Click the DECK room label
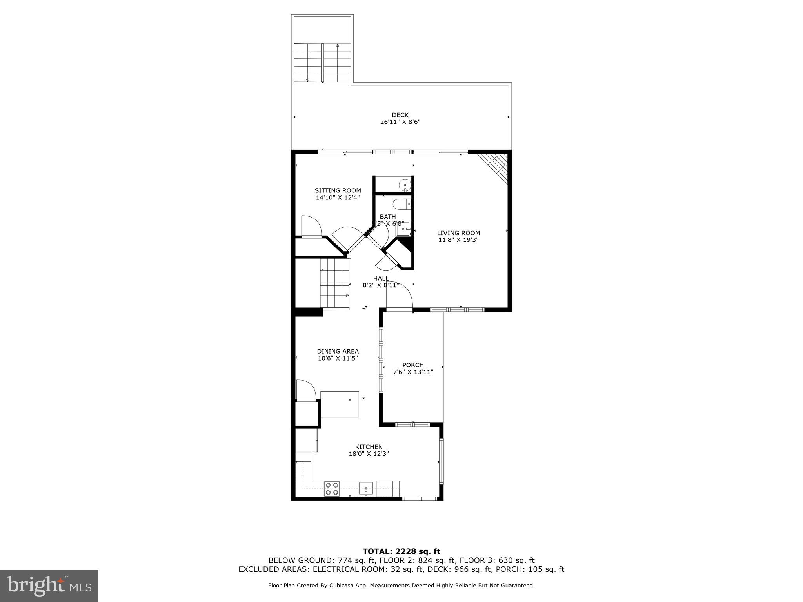coord(400,115)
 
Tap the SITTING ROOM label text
coord(338,190)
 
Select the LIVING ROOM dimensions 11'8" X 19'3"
coord(458,240)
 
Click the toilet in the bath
coord(400,204)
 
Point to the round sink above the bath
coord(404,185)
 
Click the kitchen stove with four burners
coord(332,489)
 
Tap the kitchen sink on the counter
coord(366,489)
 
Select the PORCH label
coord(413,365)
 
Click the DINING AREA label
coord(338,351)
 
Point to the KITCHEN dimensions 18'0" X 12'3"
coord(369,454)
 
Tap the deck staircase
coord(322,63)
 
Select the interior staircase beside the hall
coord(334,284)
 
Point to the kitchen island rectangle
coord(340,404)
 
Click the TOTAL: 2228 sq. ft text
coord(401,552)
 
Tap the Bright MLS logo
coord(49,586)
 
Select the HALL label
coord(381,278)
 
